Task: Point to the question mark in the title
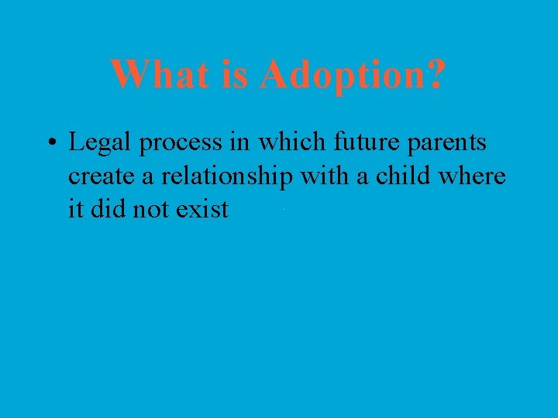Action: pos(436,75)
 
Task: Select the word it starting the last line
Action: pos(75,209)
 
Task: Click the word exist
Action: pos(202,209)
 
